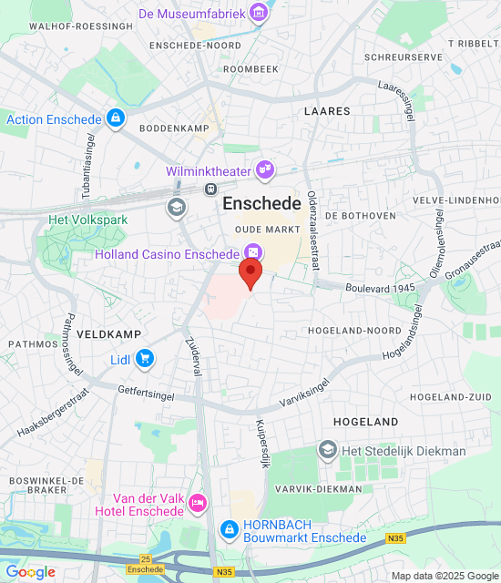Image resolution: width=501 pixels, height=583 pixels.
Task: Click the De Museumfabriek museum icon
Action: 261,14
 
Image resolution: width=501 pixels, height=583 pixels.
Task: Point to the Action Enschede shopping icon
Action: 115,118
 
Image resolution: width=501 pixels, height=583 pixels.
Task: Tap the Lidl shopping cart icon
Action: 144,359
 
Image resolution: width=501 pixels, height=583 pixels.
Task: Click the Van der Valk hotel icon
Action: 198,503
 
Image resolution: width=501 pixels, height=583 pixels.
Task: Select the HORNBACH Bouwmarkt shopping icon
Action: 230,529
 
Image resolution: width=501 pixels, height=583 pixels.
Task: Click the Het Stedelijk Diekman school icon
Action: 327,450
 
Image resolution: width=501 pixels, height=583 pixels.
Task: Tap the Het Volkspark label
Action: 88,220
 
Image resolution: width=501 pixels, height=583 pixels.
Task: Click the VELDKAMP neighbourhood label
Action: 108,334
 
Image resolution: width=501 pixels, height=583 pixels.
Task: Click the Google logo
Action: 30,572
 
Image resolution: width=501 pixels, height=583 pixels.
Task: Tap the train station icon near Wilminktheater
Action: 210,189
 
